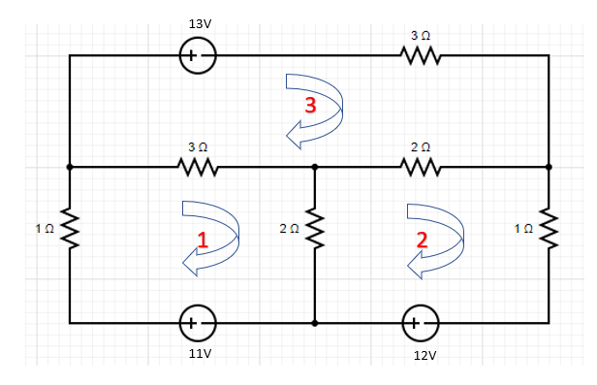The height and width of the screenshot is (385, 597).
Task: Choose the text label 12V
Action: point(424,356)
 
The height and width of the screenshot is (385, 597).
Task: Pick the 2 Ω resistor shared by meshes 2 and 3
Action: point(421,168)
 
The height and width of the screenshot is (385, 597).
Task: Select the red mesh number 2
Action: point(422,241)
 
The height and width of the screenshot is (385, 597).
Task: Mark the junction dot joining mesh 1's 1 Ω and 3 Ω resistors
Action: point(69,167)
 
